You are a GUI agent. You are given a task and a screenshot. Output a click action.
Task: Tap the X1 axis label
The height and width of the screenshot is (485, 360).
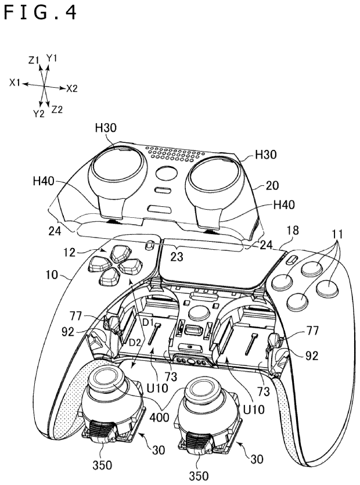click(x=16, y=83)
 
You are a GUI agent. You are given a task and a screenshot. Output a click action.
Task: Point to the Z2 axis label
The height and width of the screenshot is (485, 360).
click(x=57, y=109)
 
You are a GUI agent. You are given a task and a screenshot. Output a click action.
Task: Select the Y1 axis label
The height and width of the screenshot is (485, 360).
click(x=52, y=58)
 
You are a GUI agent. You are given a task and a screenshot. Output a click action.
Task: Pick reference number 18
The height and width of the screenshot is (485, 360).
click(x=293, y=231)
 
